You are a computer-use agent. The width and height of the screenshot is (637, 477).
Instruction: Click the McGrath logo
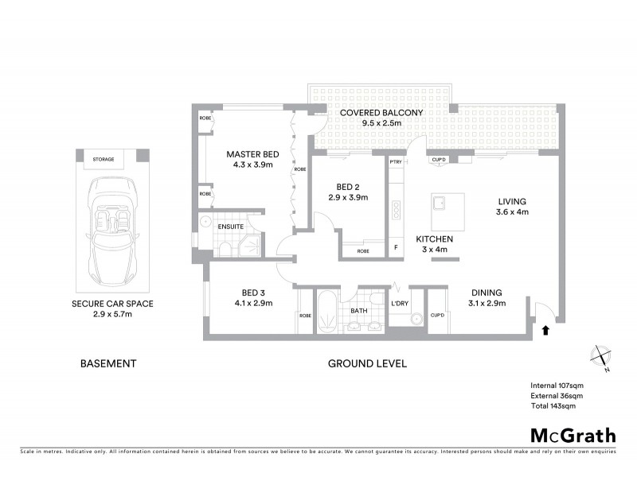coord(573,435)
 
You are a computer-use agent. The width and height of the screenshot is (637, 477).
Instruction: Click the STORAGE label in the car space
coord(103,160)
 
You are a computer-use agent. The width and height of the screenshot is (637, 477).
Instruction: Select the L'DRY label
coord(399,303)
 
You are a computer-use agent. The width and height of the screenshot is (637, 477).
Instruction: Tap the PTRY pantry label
coord(396,162)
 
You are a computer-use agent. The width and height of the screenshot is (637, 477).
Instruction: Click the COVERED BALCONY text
coord(381,113)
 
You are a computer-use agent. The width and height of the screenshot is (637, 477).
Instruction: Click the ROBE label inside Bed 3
coord(305,316)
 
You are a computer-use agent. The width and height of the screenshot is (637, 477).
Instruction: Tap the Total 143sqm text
coord(553,405)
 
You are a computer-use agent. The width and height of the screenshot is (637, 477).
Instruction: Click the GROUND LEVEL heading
coord(367,363)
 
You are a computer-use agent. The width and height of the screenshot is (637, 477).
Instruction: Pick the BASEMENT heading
coord(108,363)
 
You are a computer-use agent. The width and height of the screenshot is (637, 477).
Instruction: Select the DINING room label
coord(487,292)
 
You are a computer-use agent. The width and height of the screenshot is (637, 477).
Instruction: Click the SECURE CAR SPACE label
coord(111,304)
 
